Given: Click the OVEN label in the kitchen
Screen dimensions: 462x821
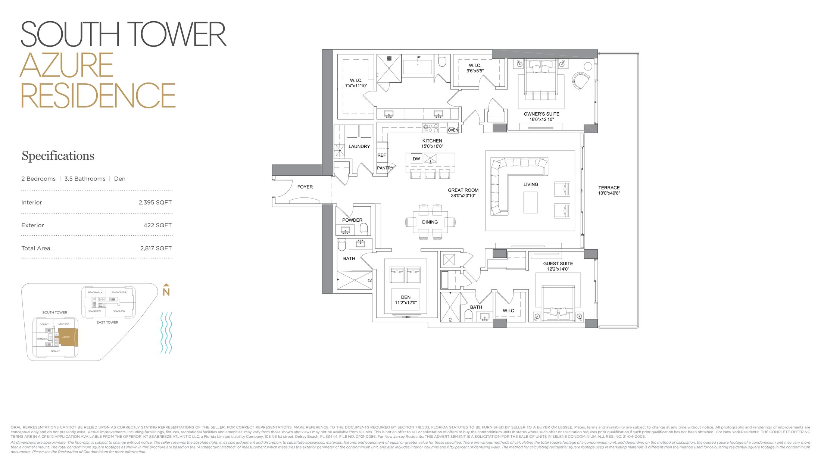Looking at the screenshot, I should [x=453, y=130].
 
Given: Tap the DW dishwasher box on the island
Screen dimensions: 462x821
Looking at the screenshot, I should [x=416, y=159].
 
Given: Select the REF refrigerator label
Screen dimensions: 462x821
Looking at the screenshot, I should [x=381, y=155].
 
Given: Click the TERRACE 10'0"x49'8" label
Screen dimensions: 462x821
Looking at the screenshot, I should [x=609, y=190].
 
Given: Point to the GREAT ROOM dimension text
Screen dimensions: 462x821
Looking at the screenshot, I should [x=463, y=196].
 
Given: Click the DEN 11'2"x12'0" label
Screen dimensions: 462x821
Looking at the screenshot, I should [x=406, y=300].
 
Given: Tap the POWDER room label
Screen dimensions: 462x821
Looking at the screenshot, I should [x=352, y=220].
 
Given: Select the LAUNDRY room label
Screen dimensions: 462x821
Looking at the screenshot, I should [x=359, y=147].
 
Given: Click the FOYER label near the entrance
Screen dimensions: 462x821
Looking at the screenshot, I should [x=305, y=187].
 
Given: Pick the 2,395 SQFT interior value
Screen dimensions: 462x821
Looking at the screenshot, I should [x=155, y=203].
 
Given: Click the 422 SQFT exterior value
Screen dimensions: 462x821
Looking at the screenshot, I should [x=157, y=225].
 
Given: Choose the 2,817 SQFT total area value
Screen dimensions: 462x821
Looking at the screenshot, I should [x=156, y=248].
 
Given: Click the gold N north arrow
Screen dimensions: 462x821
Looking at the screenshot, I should [x=166, y=291].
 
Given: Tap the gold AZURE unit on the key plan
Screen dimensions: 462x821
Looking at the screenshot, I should [x=66, y=337].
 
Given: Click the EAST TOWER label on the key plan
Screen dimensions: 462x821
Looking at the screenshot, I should [x=107, y=322].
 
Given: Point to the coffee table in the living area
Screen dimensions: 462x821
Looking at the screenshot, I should [x=530, y=202].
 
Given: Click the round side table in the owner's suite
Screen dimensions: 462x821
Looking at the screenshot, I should [x=588, y=66].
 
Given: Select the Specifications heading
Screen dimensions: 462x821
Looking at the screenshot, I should [x=58, y=156].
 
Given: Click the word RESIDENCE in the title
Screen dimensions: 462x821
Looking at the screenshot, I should [x=98, y=96].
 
